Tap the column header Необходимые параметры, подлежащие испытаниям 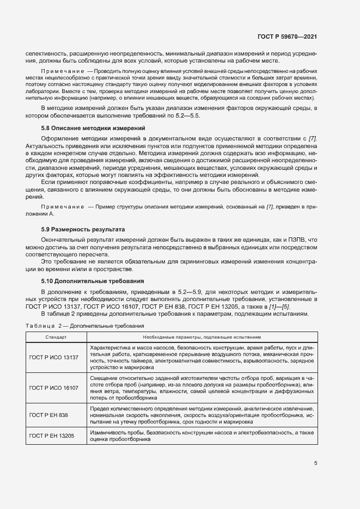(x=202, y=338)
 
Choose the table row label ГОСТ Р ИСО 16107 (x=54, y=388)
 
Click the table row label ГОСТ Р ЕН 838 (x=50, y=414)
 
